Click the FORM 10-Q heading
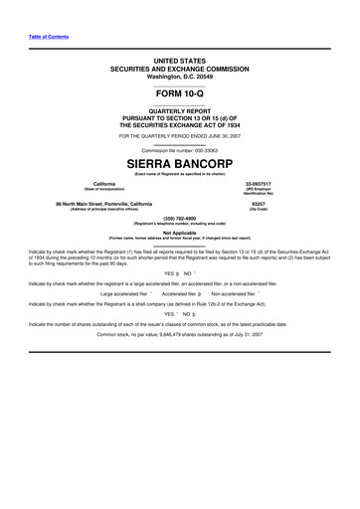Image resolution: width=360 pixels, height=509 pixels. coord(180,92)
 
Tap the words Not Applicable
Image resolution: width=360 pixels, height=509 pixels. coord(180,234)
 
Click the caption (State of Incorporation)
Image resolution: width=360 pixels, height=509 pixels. coord(104,189)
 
